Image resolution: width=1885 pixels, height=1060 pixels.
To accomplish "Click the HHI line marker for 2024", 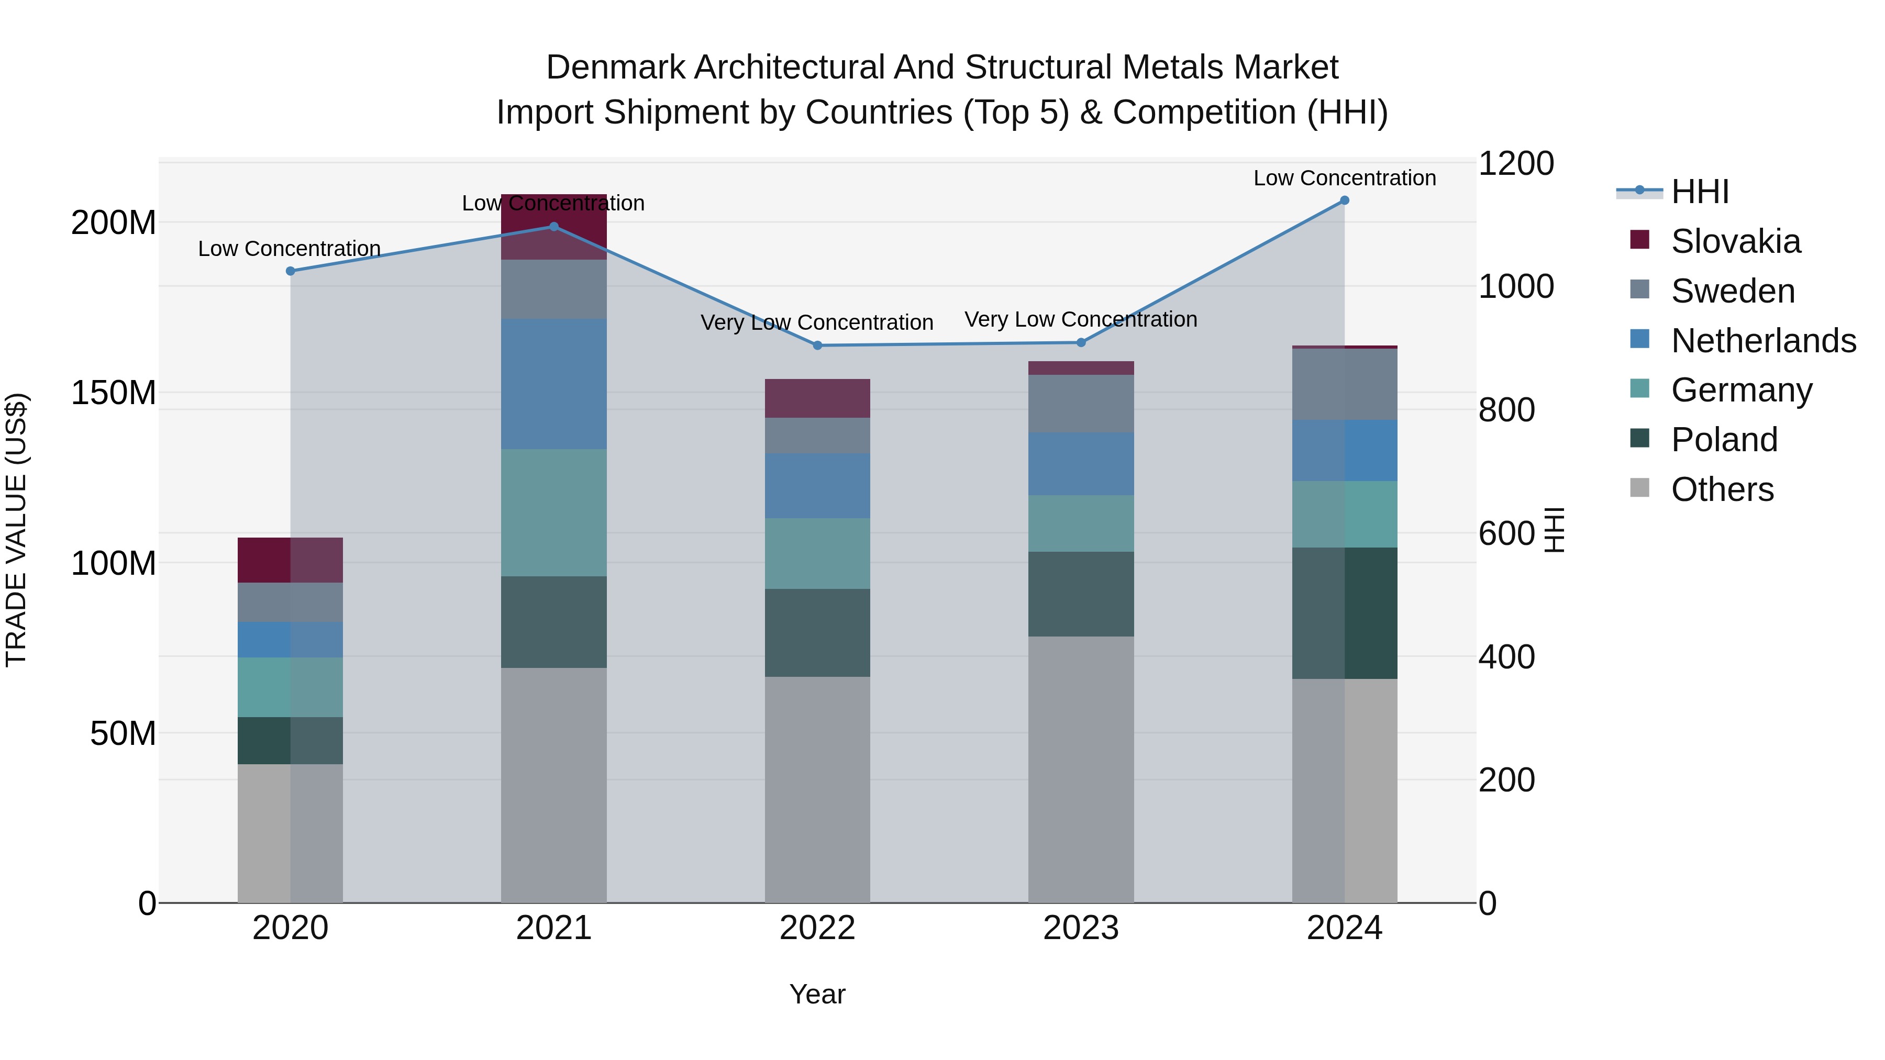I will [1344, 200].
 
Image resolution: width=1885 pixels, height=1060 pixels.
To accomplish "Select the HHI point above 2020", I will [291, 271].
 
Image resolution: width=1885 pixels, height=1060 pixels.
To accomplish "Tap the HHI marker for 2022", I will [817, 345].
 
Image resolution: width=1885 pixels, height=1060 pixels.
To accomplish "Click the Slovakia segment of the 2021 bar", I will [554, 227].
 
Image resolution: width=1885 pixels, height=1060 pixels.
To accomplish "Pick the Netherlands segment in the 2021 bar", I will [554, 384].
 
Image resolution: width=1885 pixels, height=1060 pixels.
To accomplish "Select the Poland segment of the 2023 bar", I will [1081, 594].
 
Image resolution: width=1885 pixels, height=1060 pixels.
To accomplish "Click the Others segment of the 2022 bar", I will [817, 789].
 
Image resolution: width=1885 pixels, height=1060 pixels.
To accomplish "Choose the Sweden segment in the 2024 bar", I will [1344, 384].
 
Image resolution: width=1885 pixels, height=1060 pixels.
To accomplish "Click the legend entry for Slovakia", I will [1735, 241].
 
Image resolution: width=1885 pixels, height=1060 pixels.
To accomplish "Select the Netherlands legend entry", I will [1763, 341].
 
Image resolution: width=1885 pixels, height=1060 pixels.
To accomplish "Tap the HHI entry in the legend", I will [1699, 192].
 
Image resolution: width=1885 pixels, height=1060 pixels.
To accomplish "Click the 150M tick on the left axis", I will [114, 393].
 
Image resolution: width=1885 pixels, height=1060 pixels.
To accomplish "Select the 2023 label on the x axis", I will [1081, 928].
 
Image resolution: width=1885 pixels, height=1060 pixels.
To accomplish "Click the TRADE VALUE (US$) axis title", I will [16, 530].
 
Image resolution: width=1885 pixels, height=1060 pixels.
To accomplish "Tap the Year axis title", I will [817, 994].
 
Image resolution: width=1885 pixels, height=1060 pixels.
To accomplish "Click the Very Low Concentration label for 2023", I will [1081, 320].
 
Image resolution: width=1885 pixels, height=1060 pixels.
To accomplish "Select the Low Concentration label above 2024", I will [1344, 178].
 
